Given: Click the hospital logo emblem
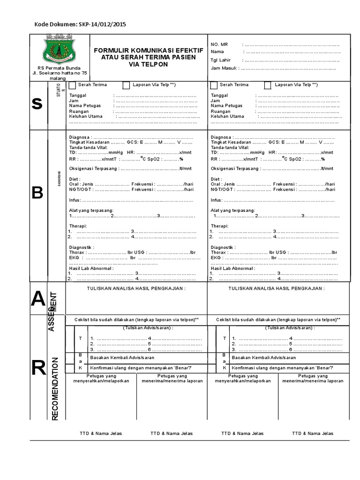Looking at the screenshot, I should pyautogui.click(x=58, y=52).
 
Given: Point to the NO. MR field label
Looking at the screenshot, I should pyautogui.click(x=219, y=44).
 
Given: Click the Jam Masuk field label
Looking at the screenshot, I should pyautogui.click(x=224, y=68).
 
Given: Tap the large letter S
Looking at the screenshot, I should pyautogui.click(x=37, y=105).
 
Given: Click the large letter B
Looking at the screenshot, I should pyautogui.click(x=37, y=193).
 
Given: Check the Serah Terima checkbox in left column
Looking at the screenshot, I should pyautogui.click(x=72, y=85).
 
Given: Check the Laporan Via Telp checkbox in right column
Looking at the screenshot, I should pyautogui.click(x=267, y=85).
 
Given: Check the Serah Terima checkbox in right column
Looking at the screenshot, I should pyautogui.click(x=214, y=85).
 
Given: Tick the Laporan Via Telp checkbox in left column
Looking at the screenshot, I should pyautogui.click(x=126, y=85).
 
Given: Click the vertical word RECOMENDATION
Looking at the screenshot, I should pyautogui.click(x=55, y=389).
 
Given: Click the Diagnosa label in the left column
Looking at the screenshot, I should pyautogui.click(x=80, y=136).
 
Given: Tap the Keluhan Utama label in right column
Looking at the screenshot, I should pyautogui.click(x=227, y=116).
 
